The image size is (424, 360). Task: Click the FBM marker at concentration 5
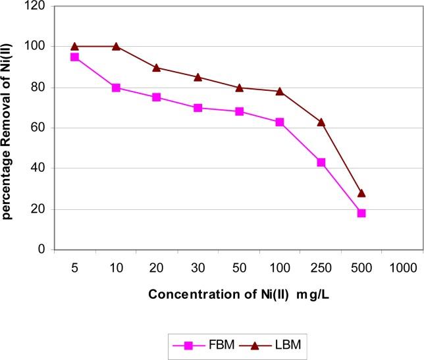74,57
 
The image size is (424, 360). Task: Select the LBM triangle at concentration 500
361,193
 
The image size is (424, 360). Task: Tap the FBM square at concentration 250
321,162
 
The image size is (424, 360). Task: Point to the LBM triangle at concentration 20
157,67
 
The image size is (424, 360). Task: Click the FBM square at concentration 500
361,213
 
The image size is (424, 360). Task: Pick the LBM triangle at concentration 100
280,91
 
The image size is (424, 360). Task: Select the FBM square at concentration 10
116,88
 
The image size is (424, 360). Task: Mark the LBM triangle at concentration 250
321,122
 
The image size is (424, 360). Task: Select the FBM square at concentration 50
239,111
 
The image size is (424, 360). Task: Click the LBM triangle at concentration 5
74,46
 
